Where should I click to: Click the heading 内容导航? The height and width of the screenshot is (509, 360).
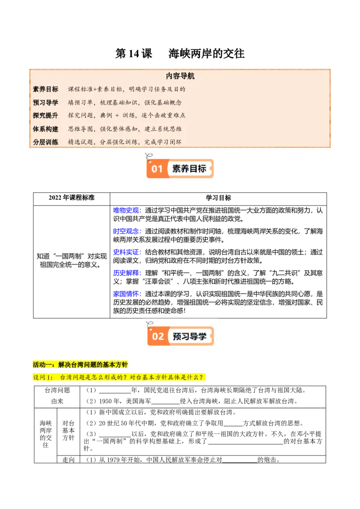(180, 76)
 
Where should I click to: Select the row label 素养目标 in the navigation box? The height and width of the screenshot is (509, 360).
(45, 89)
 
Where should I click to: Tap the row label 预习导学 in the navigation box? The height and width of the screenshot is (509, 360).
(45, 103)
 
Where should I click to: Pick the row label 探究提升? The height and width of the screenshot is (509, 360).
(45, 116)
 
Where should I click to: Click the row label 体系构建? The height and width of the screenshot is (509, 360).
(45, 129)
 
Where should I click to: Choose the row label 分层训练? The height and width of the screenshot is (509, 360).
(45, 142)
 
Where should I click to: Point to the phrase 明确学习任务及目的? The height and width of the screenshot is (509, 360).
(157, 89)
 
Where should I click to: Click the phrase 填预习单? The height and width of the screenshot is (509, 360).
(81, 103)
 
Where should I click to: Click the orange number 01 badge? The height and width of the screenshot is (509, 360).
(157, 169)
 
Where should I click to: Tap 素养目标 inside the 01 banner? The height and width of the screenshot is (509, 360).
(189, 169)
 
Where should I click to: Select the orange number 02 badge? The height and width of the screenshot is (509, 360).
(157, 336)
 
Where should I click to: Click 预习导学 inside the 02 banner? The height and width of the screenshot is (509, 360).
(189, 336)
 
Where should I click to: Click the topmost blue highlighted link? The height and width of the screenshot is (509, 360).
(127, 210)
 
